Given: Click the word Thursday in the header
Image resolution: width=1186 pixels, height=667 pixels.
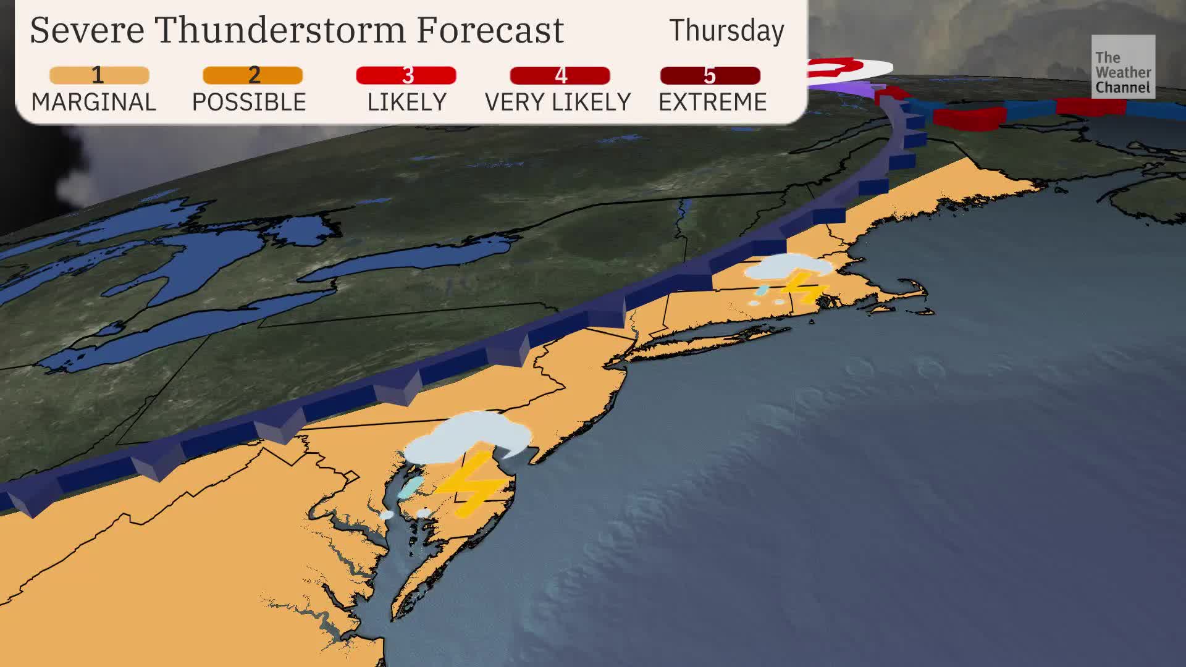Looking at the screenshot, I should point(726,31).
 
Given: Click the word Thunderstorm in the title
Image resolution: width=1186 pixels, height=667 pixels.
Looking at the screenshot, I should point(280,30).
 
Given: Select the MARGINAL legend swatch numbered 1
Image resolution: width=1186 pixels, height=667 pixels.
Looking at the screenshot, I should point(99,75).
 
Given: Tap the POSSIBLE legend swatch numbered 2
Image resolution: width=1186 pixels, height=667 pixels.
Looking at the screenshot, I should point(253,75).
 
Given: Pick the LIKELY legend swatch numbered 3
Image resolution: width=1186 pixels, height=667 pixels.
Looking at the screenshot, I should point(406,75).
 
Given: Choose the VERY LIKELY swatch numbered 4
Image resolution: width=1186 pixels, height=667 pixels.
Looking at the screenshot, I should point(560,75).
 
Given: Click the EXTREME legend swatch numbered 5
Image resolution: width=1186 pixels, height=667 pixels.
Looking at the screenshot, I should point(710,75).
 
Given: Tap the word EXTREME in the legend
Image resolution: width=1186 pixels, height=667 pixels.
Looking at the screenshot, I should point(712,102).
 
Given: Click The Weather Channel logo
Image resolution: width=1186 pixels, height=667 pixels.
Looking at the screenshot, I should point(1122,67).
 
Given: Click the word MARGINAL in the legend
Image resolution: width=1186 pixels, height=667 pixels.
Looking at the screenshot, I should point(94,102).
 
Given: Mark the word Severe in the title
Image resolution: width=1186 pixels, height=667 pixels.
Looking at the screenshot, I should point(86,30).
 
